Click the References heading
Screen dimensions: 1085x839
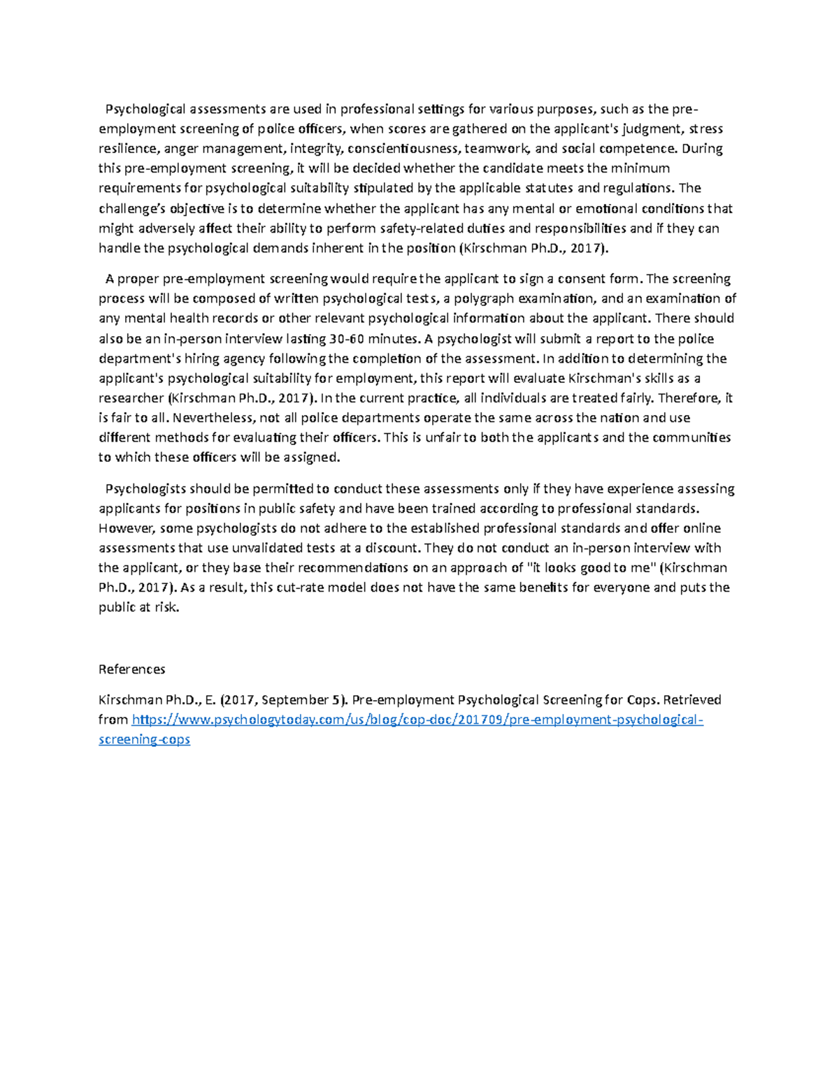coord(131,669)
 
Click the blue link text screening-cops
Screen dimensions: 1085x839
coord(144,739)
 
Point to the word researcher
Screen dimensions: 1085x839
coord(131,398)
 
